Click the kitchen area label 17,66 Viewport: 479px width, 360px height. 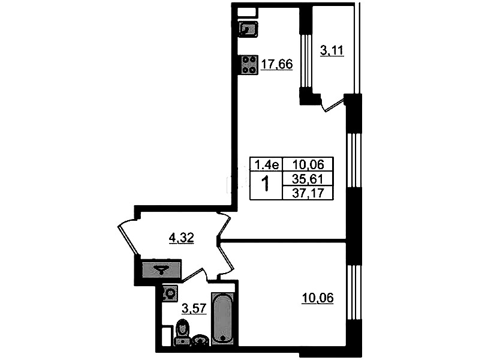click(x=277, y=64)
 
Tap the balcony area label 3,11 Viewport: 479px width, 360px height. click(x=332, y=50)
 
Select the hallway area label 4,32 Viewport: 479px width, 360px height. click(x=182, y=238)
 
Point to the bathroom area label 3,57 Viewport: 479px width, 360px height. click(x=194, y=308)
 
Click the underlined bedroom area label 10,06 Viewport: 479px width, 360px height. click(x=317, y=298)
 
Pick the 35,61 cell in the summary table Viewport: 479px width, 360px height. click(x=308, y=179)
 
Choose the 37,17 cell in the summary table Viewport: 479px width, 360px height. click(x=308, y=193)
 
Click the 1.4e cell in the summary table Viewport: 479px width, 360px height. click(x=266, y=164)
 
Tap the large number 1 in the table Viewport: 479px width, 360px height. click(x=266, y=184)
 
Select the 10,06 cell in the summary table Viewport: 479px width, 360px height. click(x=308, y=164)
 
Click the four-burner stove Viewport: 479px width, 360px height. click(x=249, y=65)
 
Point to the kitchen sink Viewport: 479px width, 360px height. click(x=248, y=29)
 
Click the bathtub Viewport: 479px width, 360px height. click(x=223, y=319)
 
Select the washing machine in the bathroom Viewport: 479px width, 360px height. click(x=169, y=293)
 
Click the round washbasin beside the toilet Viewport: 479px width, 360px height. click(x=201, y=340)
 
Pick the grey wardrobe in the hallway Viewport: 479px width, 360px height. click(x=162, y=269)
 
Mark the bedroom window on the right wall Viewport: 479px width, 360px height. click(x=354, y=293)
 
